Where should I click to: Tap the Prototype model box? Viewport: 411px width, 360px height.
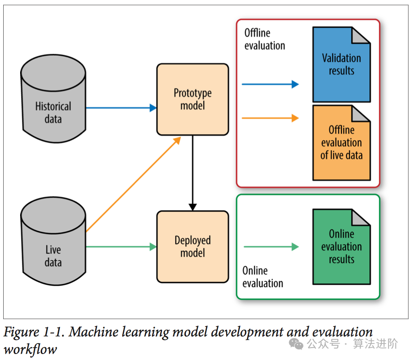(x=193, y=99)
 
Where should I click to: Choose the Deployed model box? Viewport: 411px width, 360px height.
(x=193, y=246)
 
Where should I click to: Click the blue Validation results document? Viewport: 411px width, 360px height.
(x=341, y=65)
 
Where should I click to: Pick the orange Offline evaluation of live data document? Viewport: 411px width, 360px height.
(x=341, y=143)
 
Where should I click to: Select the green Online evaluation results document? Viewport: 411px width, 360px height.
(x=341, y=246)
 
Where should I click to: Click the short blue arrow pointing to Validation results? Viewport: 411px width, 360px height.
(x=270, y=84)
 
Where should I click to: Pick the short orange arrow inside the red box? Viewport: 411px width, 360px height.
(x=270, y=118)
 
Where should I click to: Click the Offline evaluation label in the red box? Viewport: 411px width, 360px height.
(x=265, y=39)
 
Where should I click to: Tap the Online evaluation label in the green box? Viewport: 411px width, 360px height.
(x=263, y=277)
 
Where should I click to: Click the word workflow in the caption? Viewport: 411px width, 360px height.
(x=30, y=349)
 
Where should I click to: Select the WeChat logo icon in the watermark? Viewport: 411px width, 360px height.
(x=298, y=344)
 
